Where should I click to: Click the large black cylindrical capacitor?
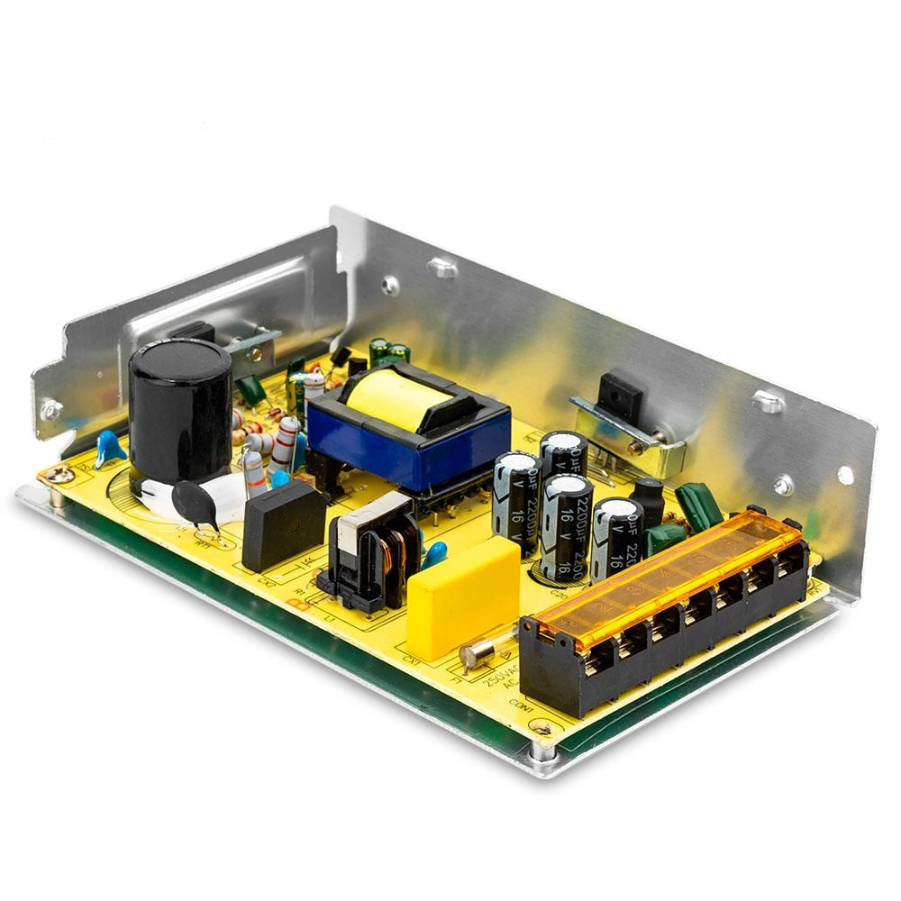pos(179,410)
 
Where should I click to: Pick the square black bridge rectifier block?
pos(283,523)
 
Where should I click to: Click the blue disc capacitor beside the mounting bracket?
pos(109,446)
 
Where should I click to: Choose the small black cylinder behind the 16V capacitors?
pos(647,500)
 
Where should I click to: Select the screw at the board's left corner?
pos(59,474)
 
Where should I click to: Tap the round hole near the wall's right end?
pos(844,474)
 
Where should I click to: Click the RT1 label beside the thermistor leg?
pos(202,542)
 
